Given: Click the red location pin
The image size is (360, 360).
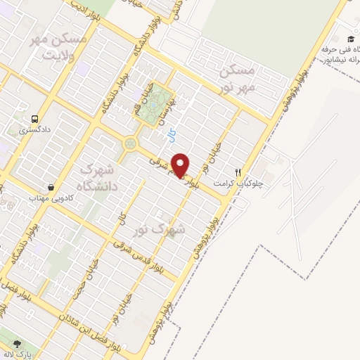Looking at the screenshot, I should click(x=181, y=165).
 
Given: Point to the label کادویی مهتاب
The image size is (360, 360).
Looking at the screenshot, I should click(x=32, y=198).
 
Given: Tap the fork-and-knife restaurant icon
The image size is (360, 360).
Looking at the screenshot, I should click(x=238, y=172).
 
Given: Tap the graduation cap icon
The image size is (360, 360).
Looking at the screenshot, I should click(x=350, y=39).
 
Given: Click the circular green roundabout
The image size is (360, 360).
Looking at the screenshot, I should click(x=130, y=144).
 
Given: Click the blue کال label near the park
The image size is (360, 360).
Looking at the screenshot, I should click(x=176, y=131).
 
